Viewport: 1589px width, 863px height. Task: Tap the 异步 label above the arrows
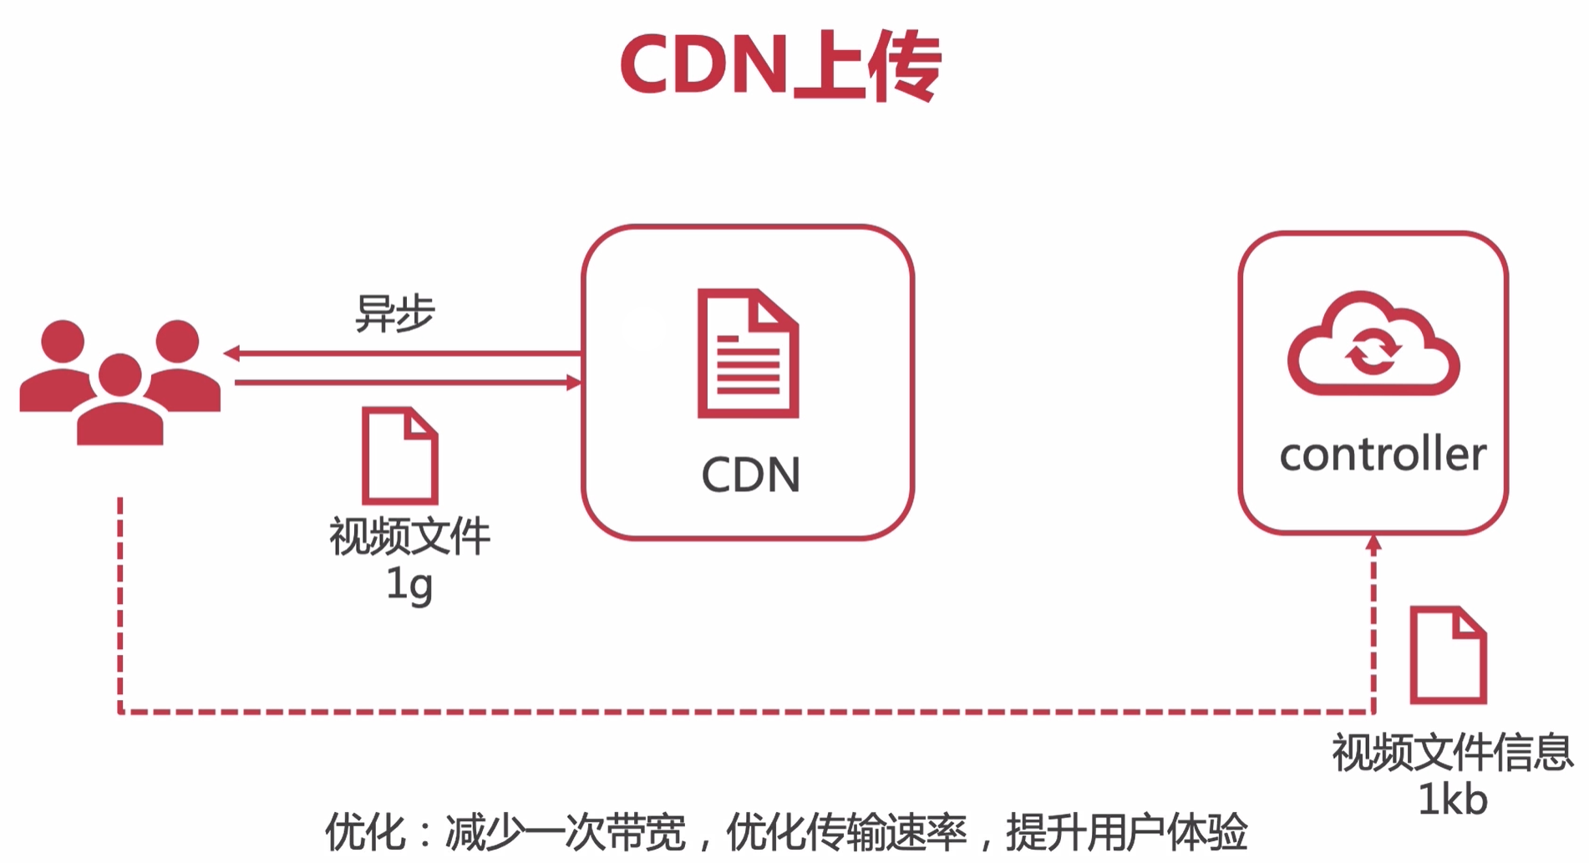395,314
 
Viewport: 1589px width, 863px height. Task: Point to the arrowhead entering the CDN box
574,383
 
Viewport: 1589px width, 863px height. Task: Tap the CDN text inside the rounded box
750,475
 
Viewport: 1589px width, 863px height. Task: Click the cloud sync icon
1373,344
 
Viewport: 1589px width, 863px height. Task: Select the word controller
1383,454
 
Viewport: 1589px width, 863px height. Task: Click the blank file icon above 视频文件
399,454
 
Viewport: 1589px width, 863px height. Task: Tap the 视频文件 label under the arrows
409,536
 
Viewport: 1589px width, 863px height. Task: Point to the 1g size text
409,584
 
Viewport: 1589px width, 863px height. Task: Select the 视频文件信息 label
1452,752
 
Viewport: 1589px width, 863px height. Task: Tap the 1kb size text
1453,800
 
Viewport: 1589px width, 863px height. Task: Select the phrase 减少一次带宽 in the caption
565,832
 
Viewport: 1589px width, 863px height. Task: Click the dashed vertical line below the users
120,602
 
